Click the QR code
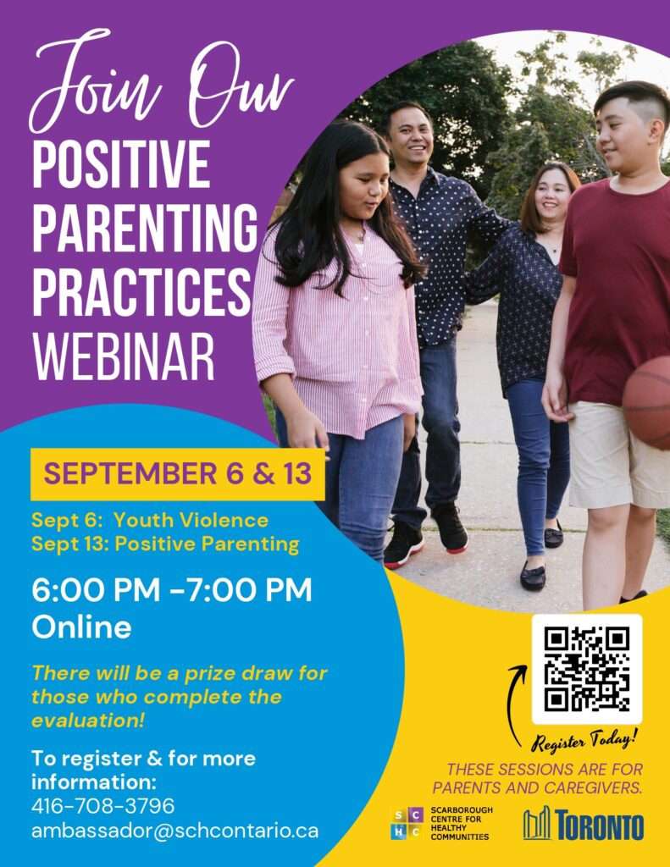[587, 669]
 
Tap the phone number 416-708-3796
[102, 806]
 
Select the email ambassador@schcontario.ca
[174, 831]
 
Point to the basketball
[646, 402]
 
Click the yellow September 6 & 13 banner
[178, 474]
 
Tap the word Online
[81, 627]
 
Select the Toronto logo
[583, 825]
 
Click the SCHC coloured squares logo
[407, 824]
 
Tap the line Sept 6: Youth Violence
[150, 521]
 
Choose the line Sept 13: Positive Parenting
[165, 544]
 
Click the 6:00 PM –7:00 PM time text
[172, 590]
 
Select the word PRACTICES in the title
[142, 292]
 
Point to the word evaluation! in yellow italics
[88, 721]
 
